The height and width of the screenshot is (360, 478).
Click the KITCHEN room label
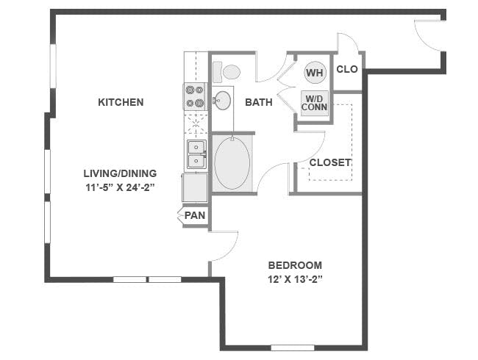(121, 102)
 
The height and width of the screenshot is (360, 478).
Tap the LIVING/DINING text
(120, 173)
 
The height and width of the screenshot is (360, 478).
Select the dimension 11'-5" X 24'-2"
(120, 187)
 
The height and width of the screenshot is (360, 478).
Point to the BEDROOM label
(295, 265)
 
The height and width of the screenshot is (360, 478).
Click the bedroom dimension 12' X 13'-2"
(295, 279)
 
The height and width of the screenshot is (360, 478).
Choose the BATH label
(259, 102)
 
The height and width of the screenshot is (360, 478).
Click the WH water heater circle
(315, 73)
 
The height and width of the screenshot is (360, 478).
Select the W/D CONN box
(315, 102)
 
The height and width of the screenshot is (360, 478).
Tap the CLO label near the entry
(347, 70)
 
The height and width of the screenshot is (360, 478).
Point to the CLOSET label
(330, 162)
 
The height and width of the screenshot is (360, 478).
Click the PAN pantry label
(195, 215)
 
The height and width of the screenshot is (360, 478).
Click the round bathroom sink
(221, 102)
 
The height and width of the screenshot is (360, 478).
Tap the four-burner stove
(195, 96)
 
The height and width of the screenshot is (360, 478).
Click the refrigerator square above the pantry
(195, 187)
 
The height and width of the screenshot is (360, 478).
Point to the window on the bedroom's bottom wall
(292, 347)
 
